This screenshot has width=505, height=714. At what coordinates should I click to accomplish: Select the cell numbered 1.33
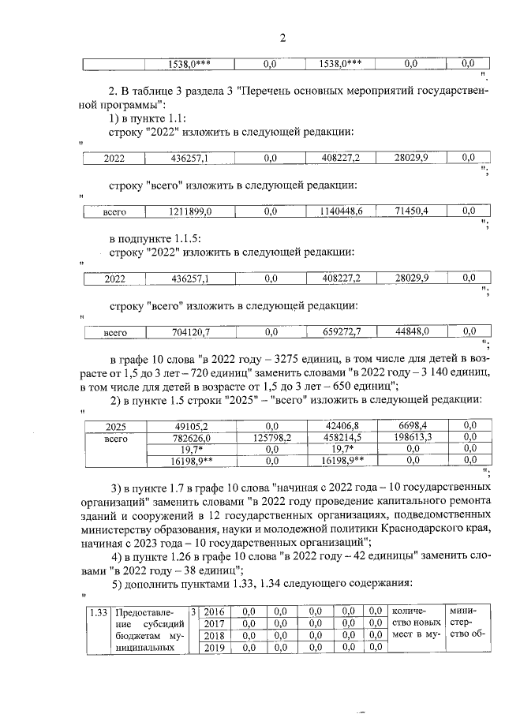99,611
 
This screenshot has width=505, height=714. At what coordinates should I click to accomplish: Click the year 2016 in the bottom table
215,611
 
